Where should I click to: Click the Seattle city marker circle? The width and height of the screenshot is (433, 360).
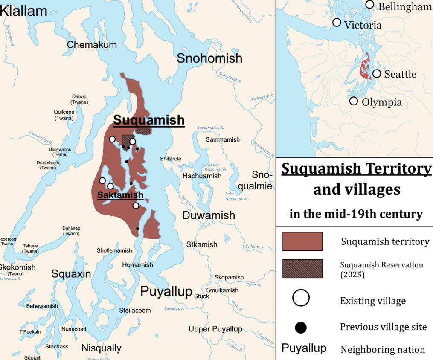click(376, 74)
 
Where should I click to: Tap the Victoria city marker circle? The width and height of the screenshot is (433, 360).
click(337, 23)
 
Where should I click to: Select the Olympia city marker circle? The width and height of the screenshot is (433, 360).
click(353, 101)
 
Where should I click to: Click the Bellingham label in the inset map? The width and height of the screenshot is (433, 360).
click(405, 6)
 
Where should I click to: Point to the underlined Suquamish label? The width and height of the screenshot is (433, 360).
click(149, 120)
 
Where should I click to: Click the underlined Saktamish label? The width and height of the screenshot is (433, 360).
click(120, 195)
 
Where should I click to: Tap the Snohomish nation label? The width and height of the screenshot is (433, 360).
click(209, 58)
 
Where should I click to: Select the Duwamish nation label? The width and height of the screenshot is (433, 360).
click(209, 215)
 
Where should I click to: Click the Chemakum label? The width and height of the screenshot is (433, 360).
click(92, 45)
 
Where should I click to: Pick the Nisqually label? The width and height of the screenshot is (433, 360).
click(102, 348)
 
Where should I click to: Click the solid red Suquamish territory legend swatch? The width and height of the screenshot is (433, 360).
click(302, 241)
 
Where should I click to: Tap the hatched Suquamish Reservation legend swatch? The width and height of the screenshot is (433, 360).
click(302, 269)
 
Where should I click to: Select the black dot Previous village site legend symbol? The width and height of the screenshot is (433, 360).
click(301, 327)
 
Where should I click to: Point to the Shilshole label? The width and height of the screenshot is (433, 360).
click(171, 159)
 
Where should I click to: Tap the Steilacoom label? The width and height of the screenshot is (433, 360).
click(135, 310)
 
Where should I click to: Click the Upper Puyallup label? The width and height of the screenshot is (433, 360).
click(215, 329)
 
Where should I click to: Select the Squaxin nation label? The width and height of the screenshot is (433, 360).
click(71, 274)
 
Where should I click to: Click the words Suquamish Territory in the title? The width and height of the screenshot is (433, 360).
click(356, 168)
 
